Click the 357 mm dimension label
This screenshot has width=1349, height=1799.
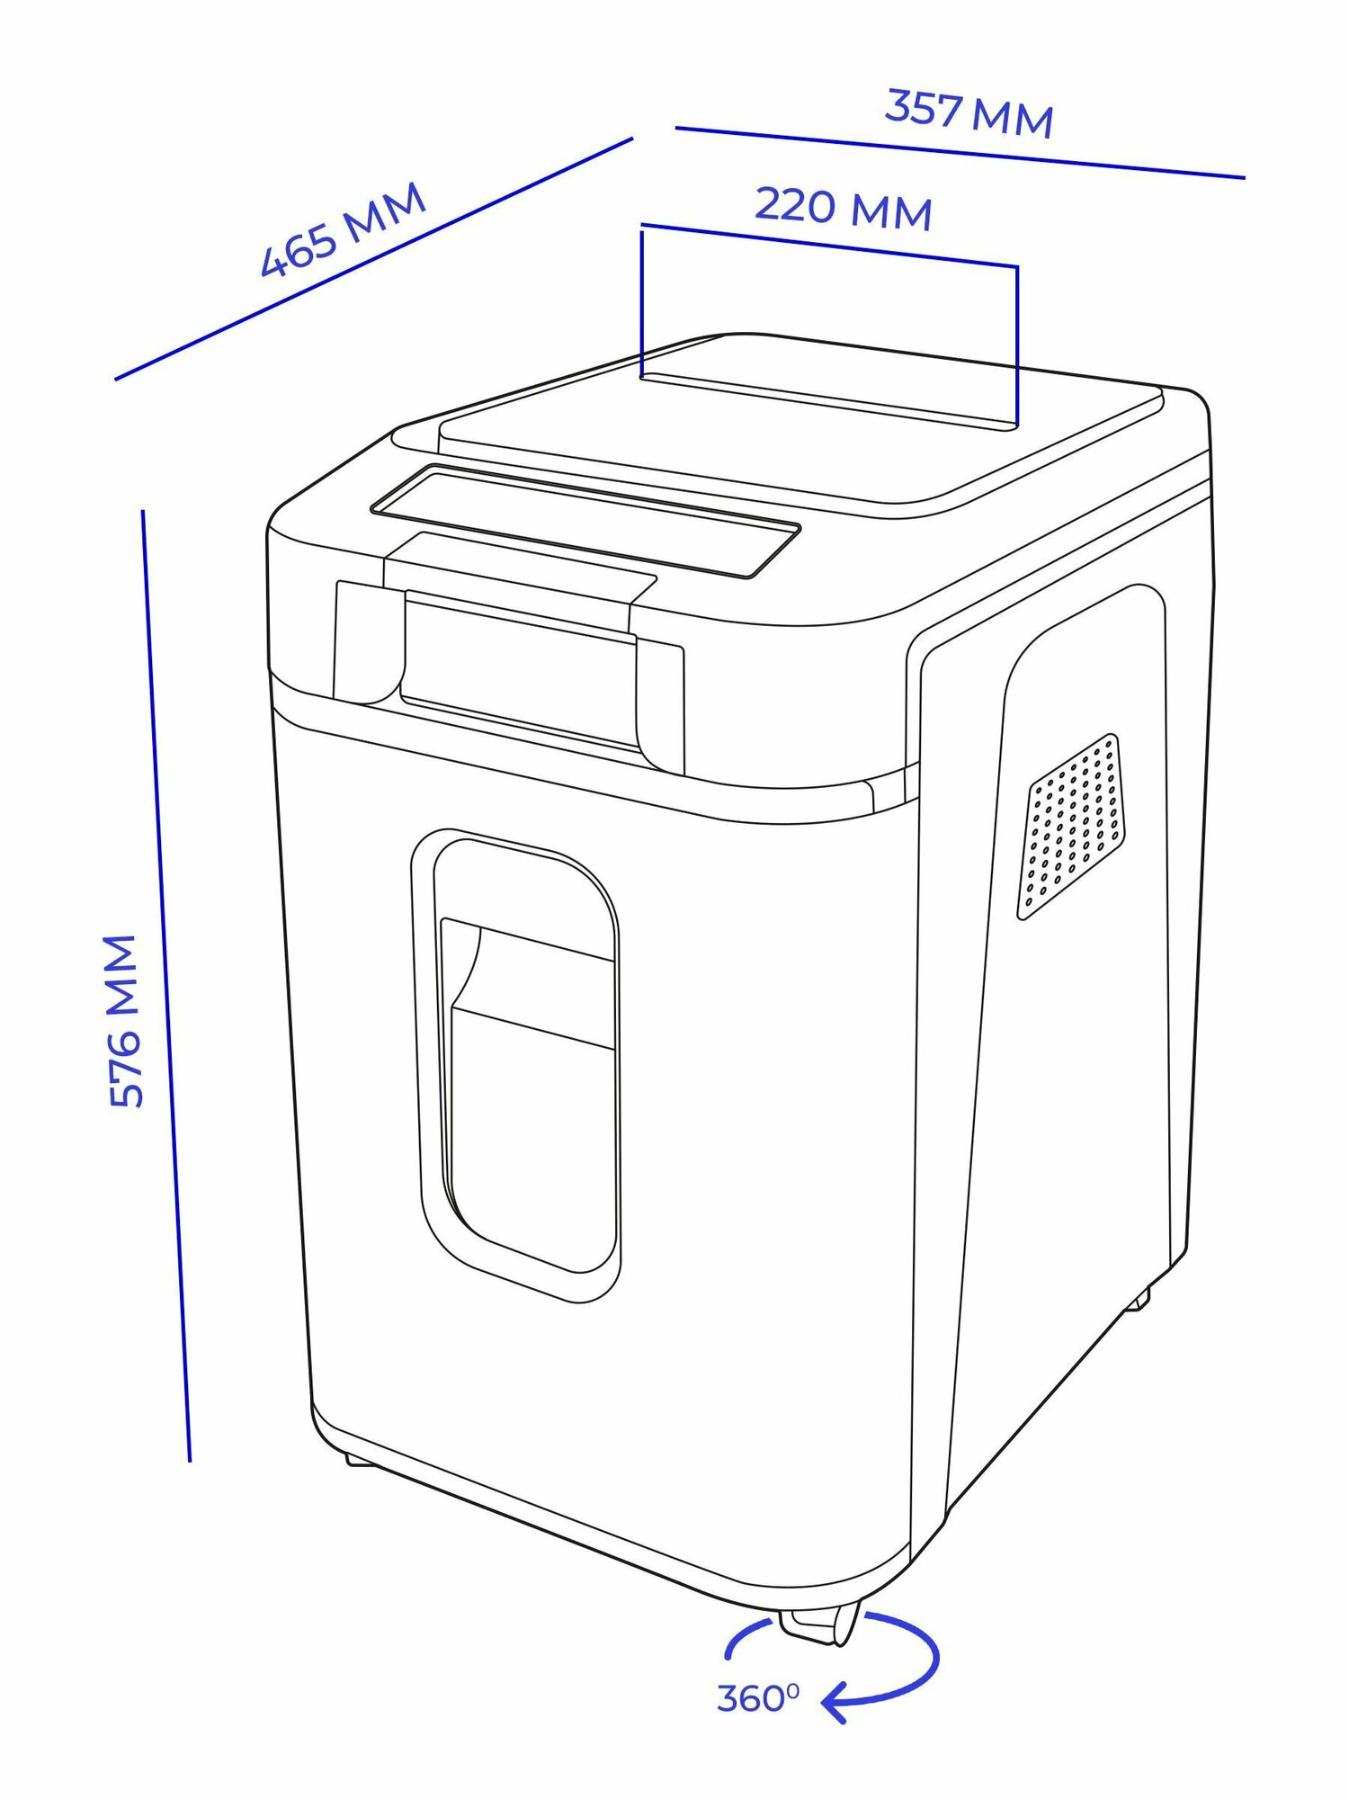click(969, 113)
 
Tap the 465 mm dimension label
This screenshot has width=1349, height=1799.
click(343, 230)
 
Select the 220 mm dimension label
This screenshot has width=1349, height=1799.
click(843, 208)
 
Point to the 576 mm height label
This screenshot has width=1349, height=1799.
click(123, 1022)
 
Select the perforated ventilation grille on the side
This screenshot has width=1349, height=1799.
click(1070, 828)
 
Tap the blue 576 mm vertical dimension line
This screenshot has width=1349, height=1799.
click(166, 989)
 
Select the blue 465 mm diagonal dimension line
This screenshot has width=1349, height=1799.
click(373, 259)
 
